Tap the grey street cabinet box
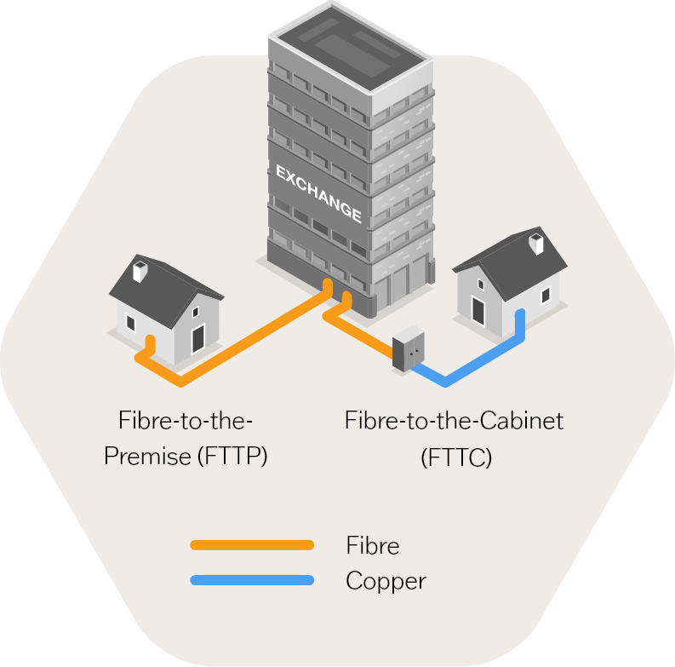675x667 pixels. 408,348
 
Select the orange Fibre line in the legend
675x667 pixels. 252,545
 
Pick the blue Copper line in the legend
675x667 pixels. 252,581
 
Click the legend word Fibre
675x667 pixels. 373,545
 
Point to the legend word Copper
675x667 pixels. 386,582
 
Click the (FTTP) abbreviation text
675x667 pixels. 232,457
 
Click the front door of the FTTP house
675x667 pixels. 197,339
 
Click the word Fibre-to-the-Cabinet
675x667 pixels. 454,421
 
